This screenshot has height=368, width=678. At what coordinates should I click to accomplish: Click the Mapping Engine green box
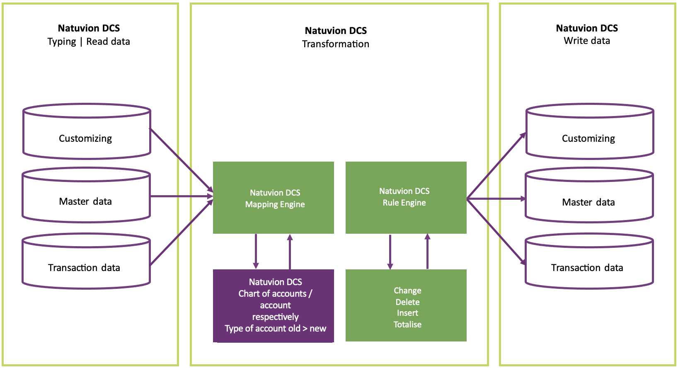point(274,198)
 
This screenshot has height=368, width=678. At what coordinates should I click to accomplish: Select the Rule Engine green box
point(406,198)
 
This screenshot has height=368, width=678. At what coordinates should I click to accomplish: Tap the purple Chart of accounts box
point(274,305)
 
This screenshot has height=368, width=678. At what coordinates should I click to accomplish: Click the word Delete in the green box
point(407,302)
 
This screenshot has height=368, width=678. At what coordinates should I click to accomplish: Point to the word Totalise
point(407,324)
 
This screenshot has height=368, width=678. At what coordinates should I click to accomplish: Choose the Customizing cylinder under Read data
point(86,138)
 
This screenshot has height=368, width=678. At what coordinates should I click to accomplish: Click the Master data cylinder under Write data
point(589,202)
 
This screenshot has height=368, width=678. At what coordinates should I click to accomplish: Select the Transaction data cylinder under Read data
point(85,267)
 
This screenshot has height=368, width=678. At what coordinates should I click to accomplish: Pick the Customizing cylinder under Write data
point(589,138)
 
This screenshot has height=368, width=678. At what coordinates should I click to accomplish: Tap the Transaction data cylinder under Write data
point(588,267)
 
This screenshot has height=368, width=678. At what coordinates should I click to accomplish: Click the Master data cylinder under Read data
point(85,201)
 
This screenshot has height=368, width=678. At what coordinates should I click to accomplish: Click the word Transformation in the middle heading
point(335,44)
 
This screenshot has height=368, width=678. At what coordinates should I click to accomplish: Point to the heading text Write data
point(586,41)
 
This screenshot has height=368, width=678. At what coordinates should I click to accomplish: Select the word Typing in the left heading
point(62,42)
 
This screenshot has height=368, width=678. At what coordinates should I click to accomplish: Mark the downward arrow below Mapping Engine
point(256,251)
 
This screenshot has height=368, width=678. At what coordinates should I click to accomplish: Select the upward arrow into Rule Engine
point(427,251)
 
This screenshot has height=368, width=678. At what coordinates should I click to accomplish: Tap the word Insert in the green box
point(407,313)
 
